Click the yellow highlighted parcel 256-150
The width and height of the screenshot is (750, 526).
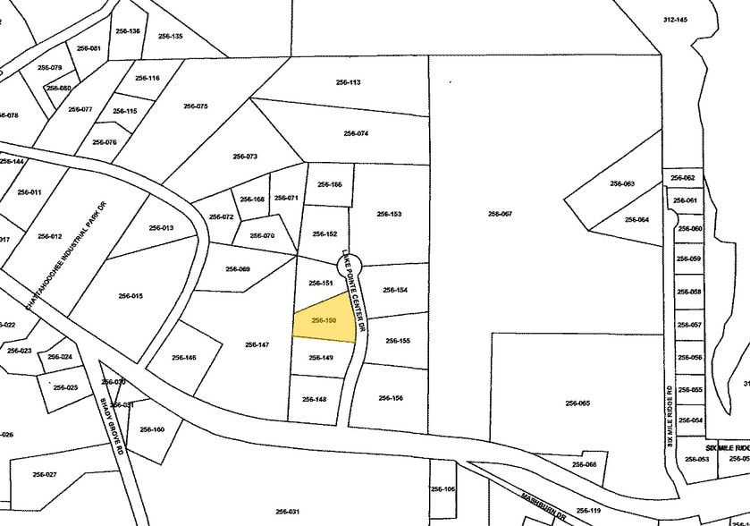(x=323, y=319)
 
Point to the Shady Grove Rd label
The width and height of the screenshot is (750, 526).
(x=110, y=427)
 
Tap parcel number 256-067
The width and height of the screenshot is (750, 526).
(x=500, y=214)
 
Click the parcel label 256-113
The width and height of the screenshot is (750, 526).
(x=348, y=82)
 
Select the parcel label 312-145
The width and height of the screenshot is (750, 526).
(x=676, y=20)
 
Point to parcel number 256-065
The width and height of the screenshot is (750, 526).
(x=577, y=403)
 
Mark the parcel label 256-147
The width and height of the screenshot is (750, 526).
(x=257, y=344)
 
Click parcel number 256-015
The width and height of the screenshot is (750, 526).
(x=131, y=296)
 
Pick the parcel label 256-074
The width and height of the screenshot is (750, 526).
(x=356, y=133)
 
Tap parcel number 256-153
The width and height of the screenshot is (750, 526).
(x=389, y=214)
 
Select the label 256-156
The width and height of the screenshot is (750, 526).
(x=391, y=398)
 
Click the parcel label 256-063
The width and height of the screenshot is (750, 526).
(x=622, y=183)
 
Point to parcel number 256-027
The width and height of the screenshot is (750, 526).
(x=45, y=474)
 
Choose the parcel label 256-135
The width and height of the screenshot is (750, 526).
(x=171, y=36)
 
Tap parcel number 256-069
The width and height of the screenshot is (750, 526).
(x=238, y=269)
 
